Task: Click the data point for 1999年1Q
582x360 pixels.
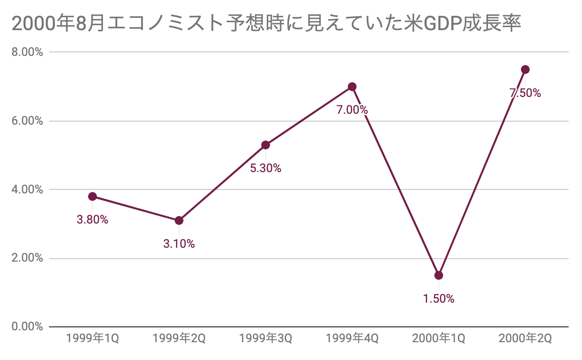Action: (x=92, y=196)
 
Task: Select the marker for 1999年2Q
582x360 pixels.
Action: (x=179, y=220)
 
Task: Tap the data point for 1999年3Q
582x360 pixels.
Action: (x=265, y=145)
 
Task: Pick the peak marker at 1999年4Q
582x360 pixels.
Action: (x=352, y=87)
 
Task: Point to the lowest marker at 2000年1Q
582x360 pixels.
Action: (x=438, y=275)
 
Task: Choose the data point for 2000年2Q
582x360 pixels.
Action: (x=526, y=69)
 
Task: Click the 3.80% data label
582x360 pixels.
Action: (x=92, y=220)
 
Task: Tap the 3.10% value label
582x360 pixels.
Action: (x=179, y=243)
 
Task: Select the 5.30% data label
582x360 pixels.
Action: (x=265, y=168)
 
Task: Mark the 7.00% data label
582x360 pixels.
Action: (x=352, y=110)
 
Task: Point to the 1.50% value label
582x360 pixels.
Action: (x=438, y=299)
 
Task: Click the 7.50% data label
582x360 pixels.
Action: (x=526, y=93)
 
